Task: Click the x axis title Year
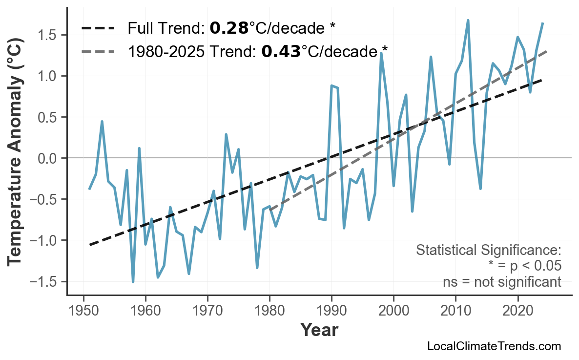pyautogui.click(x=319, y=330)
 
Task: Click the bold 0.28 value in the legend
pyautogui.click(x=229, y=28)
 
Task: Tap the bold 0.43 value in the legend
pyautogui.click(x=281, y=51)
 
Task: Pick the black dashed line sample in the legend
pyautogui.click(x=98, y=28)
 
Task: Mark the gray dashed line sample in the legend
pyautogui.click(x=98, y=51)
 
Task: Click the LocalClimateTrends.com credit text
pyautogui.click(x=494, y=346)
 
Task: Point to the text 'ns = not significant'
pyautogui.click(x=501, y=282)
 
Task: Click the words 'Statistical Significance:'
pyautogui.click(x=488, y=251)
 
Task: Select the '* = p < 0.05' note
pyautogui.click(x=524, y=266)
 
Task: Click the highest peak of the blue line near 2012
pyautogui.click(x=468, y=21)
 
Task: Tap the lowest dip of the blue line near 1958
pyautogui.click(x=133, y=282)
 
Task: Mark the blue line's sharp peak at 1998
pyautogui.click(x=381, y=53)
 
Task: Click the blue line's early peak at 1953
pyautogui.click(x=102, y=121)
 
